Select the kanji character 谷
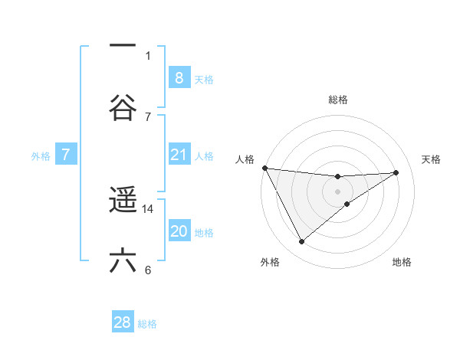click(123, 108)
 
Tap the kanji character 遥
click(123, 201)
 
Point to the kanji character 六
click(123, 260)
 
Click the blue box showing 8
click(179, 77)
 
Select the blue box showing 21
click(179, 155)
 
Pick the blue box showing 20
click(179, 231)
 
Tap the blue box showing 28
click(123, 322)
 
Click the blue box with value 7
click(66, 155)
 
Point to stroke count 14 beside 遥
click(149, 208)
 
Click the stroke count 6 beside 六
click(148, 270)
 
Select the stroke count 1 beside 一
click(148, 55)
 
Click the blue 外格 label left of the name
click(41, 155)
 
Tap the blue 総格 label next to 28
click(147, 324)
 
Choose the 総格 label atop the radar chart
click(337, 100)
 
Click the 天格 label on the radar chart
click(432, 159)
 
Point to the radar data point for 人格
click(264, 168)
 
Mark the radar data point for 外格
click(301, 242)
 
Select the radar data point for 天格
click(396, 172)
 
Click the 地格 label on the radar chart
click(402, 263)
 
